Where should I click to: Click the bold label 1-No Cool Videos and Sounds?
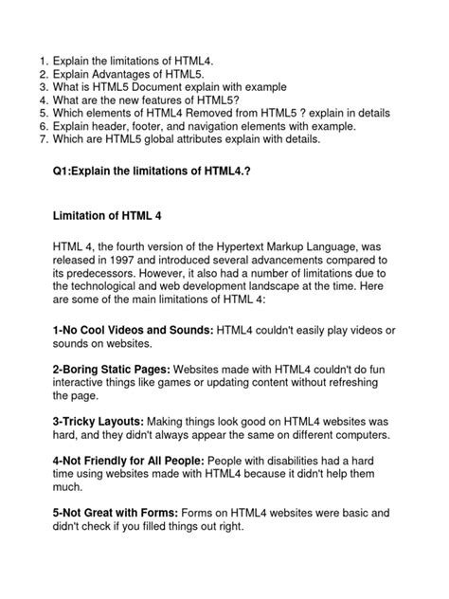133,328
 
